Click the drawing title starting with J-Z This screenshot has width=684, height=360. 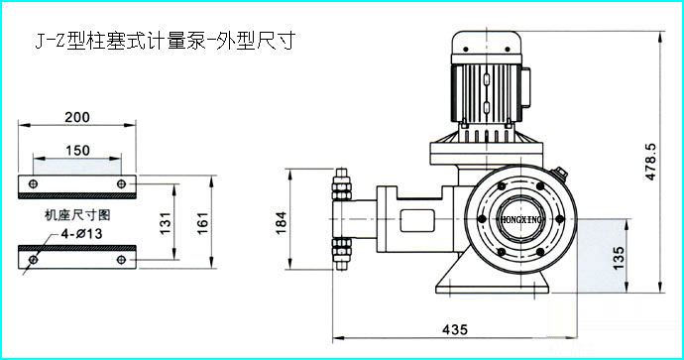click(x=166, y=41)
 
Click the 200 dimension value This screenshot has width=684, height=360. click(x=77, y=117)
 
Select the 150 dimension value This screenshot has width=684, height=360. click(x=77, y=151)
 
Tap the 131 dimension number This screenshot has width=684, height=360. click(x=166, y=222)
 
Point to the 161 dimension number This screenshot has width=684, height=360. click(x=203, y=222)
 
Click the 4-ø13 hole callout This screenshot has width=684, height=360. click(x=81, y=234)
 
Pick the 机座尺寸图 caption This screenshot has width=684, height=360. click(x=77, y=214)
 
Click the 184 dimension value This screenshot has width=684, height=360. click(x=282, y=223)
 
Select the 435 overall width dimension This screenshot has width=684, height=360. click(x=455, y=329)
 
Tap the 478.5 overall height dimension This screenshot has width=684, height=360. click(x=650, y=161)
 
